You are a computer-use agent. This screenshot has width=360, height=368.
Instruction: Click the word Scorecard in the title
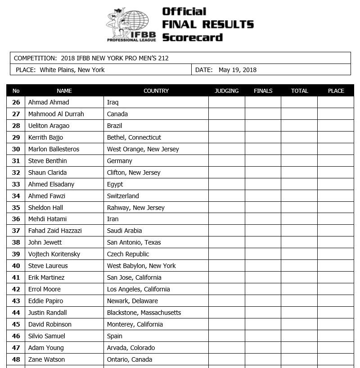(x=192, y=37)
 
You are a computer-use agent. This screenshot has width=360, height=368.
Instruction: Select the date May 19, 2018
(x=238, y=70)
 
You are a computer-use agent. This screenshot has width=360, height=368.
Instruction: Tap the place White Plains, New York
(x=72, y=70)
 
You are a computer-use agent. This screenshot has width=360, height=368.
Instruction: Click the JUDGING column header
(x=227, y=91)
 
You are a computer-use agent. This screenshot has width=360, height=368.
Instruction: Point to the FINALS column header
(x=263, y=91)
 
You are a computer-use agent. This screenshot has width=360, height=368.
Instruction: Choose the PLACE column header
(x=336, y=91)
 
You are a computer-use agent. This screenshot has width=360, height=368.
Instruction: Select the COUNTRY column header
(x=156, y=91)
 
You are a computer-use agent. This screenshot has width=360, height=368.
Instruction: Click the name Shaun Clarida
(x=47, y=173)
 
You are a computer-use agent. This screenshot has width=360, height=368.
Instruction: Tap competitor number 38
(x=16, y=242)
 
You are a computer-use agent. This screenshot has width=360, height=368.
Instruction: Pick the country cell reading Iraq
(x=113, y=102)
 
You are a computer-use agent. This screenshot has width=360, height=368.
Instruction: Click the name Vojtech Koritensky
(x=54, y=254)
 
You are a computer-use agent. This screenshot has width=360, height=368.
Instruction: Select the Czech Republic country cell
(x=128, y=254)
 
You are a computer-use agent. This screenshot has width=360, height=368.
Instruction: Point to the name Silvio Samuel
(x=47, y=336)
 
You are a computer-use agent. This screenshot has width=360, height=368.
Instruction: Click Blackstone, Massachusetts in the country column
(x=144, y=313)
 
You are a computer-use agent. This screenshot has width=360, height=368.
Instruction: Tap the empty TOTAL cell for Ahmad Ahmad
(x=299, y=102)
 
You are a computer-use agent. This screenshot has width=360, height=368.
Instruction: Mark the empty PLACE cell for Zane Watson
(x=336, y=359)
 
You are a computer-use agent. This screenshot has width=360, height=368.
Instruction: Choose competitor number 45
(x=16, y=324)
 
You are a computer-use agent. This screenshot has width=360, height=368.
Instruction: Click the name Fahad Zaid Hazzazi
(x=55, y=231)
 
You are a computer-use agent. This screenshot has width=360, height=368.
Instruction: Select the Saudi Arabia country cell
(x=124, y=231)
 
